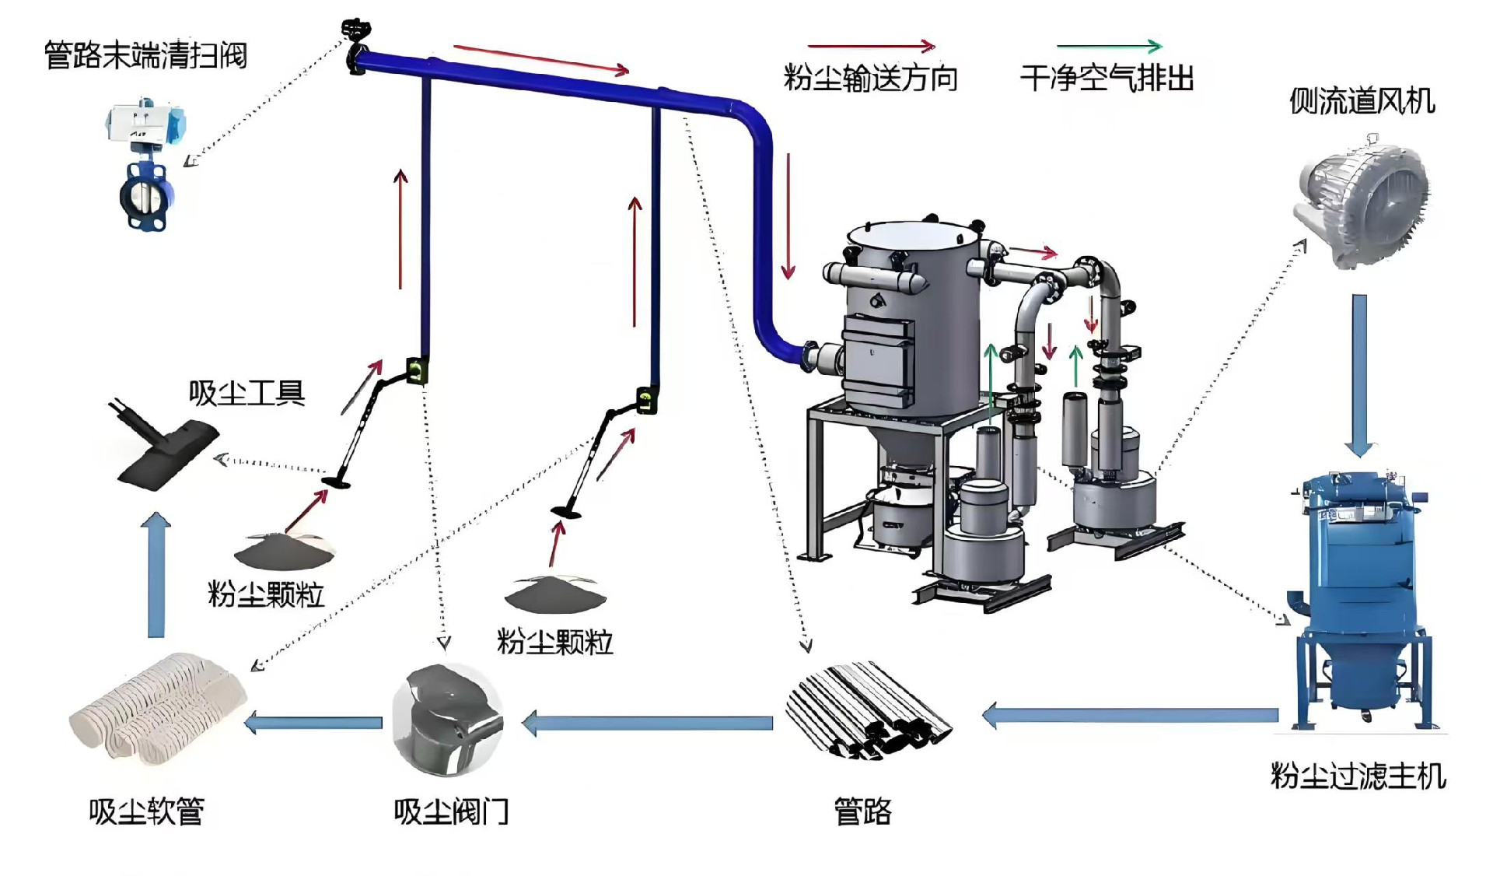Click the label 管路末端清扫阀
(x=145, y=55)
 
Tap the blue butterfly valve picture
(x=145, y=167)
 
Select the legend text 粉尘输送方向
(x=870, y=79)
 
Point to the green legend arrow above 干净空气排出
(x=1109, y=46)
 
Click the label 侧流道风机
(x=1362, y=101)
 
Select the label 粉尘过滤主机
(x=1358, y=776)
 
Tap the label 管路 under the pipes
(x=862, y=811)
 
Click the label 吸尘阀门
(x=451, y=811)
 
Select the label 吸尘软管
(x=146, y=811)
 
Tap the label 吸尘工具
(x=247, y=394)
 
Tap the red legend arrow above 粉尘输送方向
(x=871, y=46)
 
